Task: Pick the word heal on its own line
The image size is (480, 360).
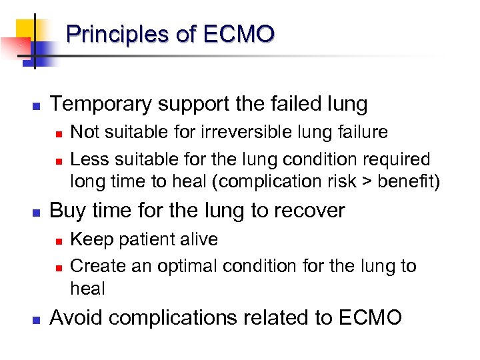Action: coord(87,288)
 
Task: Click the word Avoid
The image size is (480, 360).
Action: coord(75,317)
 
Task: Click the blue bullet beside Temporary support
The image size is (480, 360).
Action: coord(37,105)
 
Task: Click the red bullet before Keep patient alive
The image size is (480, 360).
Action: coord(59,240)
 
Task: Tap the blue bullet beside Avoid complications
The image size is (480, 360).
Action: coord(37,319)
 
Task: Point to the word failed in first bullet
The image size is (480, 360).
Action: coord(291,104)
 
